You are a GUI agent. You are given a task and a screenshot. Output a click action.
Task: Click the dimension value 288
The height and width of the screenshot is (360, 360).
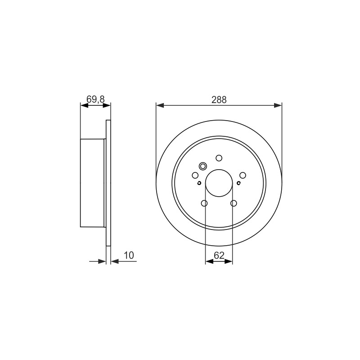pos(219,100)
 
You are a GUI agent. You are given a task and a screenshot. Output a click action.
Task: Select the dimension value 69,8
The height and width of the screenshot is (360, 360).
pos(95,99)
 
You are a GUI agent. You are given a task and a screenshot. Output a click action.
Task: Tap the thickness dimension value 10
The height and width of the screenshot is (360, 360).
pos(129,255)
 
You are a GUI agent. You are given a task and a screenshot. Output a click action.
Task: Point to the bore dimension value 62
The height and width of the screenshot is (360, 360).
pos(219,255)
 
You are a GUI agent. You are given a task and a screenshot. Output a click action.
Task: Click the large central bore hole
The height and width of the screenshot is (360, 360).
pos(219,183)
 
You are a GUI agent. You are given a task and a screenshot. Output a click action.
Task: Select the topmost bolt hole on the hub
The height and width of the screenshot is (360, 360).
pos(219,158)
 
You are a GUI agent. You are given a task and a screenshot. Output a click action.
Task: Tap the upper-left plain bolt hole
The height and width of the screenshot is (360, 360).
pos(195,175)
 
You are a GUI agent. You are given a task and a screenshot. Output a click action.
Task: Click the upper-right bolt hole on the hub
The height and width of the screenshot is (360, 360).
pos(243,175)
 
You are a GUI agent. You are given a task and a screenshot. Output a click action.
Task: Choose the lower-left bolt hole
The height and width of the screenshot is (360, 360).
pos(204,203)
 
